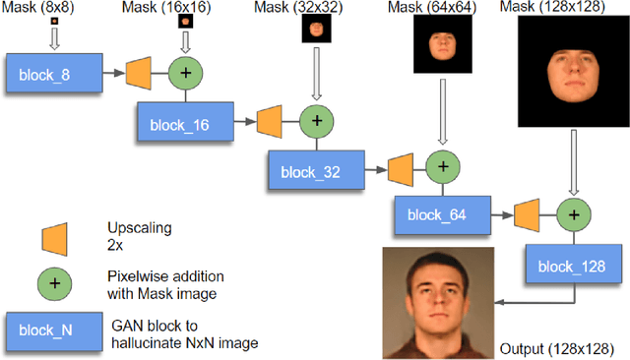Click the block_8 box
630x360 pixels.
[x=53, y=74]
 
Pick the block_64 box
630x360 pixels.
[x=438, y=215]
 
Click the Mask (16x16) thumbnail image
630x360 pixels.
[x=185, y=22]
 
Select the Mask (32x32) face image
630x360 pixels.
[x=315, y=30]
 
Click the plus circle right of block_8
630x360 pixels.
[x=185, y=72]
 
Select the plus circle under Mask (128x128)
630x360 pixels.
[x=572, y=212]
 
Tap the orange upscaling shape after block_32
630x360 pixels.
[x=399, y=167]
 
